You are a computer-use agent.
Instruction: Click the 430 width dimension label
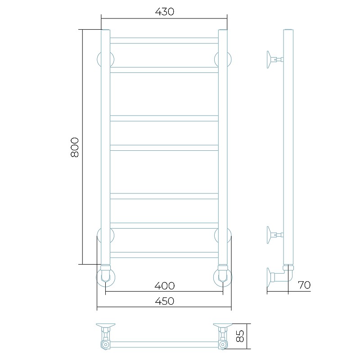164,12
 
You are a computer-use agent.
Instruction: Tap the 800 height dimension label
75,147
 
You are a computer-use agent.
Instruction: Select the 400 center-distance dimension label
164,286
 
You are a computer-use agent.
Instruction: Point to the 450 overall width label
164,301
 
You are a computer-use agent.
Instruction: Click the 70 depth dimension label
304,285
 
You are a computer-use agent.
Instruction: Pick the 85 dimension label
240,336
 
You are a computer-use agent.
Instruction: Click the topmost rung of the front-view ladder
164,40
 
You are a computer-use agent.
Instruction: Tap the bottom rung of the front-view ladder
164,255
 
